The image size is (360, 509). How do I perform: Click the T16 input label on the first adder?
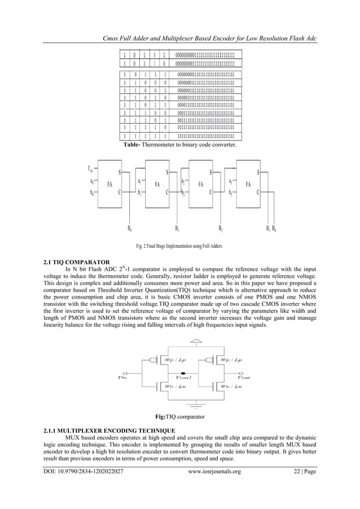[90, 168]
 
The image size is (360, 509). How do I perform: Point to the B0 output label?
[130, 229]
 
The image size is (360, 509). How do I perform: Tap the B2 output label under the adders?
[221, 229]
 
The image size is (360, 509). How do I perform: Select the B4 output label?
[275, 229]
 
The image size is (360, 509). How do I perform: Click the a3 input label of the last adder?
[230, 181]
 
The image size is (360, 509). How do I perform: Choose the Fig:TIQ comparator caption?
[179, 416]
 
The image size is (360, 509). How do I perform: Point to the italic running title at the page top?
[207, 38]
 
